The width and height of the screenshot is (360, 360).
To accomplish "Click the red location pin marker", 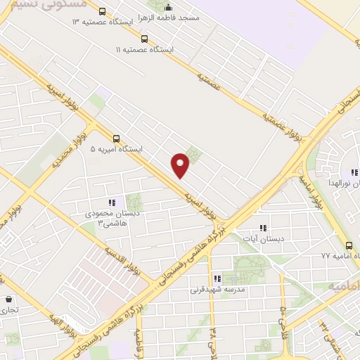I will tap(181, 165).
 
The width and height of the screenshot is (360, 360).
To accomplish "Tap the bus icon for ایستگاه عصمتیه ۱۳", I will tap(103, 12).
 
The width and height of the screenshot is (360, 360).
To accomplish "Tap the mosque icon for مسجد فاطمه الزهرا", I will tap(167, 8).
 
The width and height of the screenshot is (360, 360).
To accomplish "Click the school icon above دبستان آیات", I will tap(263, 229).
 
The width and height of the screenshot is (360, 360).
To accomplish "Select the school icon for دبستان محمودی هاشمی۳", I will tap(112, 203).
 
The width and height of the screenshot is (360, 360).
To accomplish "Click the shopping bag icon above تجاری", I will tap(9, 299).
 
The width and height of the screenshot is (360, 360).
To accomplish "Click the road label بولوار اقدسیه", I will tap(123, 260).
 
